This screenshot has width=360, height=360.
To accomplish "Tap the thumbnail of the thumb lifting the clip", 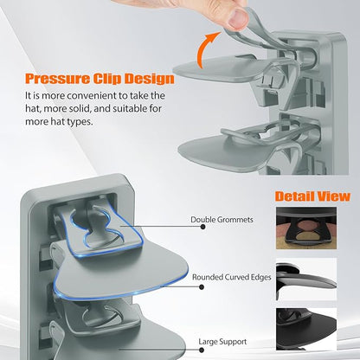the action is [x=236, y=18].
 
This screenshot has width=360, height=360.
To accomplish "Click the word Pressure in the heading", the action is [x=57, y=79].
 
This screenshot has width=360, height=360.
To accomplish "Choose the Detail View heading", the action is [x=312, y=196].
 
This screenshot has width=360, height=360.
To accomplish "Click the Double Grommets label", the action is [x=222, y=220].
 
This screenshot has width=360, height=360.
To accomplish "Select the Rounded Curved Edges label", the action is [x=232, y=277].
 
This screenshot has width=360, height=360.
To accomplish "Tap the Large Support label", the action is [x=222, y=342].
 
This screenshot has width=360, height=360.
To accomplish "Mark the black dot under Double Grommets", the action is [x=202, y=227].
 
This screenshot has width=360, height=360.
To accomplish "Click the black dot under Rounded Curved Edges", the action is [x=202, y=287].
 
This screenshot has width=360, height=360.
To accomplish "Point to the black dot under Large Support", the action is [x=202, y=350].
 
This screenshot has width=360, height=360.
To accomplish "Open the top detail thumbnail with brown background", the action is [x=306, y=228].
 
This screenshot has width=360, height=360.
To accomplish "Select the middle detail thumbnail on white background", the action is [x=306, y=280].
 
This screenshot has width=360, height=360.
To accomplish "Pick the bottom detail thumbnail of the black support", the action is [x=306, y=329].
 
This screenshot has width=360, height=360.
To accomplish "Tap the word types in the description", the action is [x=80, y=122].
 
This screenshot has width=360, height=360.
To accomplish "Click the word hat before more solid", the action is [x=32, y=109].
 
